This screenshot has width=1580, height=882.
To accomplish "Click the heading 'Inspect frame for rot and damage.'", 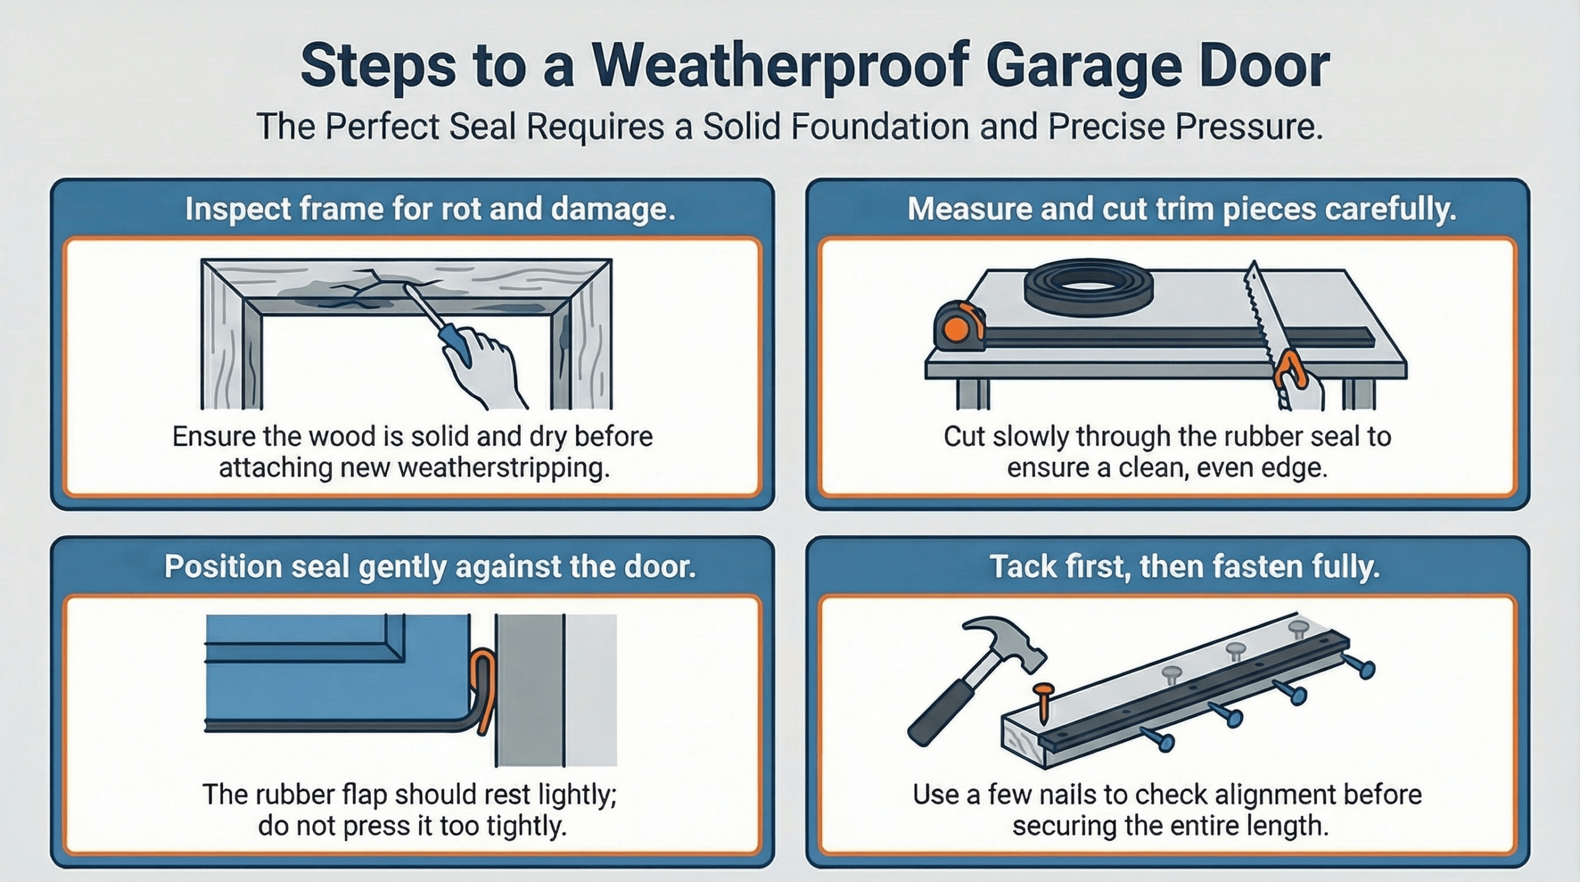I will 430,210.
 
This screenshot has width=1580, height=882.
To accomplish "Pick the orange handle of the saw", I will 1291,373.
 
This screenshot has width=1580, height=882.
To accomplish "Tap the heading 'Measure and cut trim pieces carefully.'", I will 1181,210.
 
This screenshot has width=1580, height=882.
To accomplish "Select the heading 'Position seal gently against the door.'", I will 430,567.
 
